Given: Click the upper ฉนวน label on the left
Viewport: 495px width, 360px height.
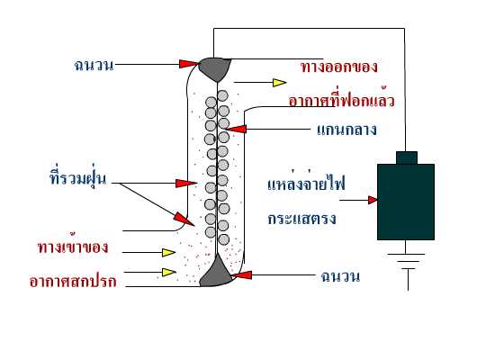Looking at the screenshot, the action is point(94,65).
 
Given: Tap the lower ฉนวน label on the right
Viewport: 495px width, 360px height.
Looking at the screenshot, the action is point(340,275).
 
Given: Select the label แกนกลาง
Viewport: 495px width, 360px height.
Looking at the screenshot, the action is point(346,130).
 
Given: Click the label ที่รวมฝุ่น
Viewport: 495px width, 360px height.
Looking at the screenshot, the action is point(77,178).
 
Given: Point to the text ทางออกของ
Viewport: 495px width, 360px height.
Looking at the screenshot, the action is point(339,67).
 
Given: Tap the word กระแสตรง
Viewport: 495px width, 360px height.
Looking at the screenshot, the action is point(301,218).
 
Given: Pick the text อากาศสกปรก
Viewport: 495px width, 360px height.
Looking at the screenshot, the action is point(73,281).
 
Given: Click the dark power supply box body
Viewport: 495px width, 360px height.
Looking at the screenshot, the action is point(406,202).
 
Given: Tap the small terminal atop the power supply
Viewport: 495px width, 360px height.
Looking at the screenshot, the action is point(407,157).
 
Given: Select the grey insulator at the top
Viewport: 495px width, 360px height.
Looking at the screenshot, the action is point(215,68).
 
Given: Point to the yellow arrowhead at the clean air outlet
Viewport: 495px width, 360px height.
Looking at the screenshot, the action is point(279,83).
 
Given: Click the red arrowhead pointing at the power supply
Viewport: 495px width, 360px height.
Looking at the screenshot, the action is point(373,200).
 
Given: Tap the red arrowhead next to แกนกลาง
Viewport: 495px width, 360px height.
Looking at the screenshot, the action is point(236,129).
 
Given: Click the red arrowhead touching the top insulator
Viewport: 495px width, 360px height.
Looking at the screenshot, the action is point(190,64).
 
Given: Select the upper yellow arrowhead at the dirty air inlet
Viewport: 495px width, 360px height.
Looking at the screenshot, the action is point(168,252).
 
